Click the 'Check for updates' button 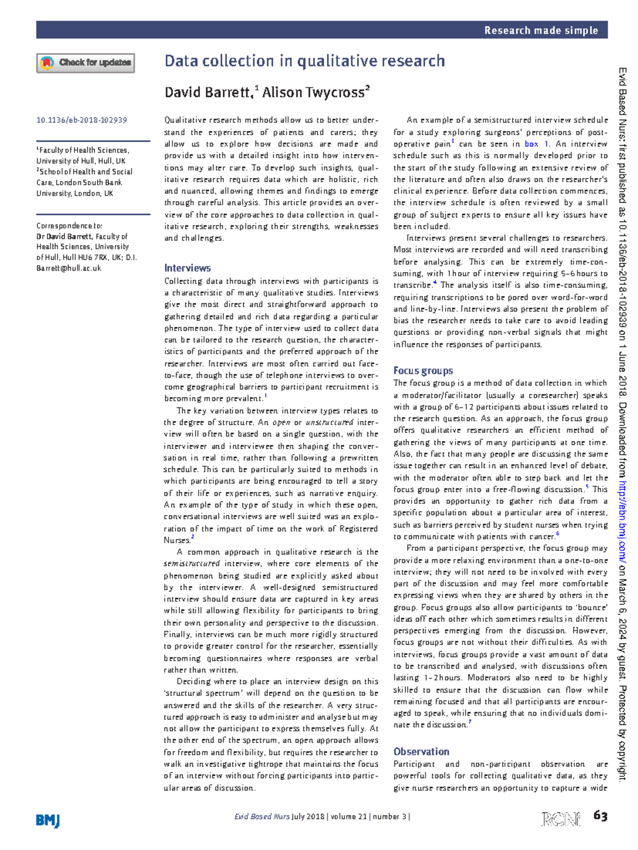[86, 63]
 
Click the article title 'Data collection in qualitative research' [304, 61]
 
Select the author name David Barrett [208, 92]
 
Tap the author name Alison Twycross [313, 92]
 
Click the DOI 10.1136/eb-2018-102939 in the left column [81, 120]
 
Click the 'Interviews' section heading [187, 268]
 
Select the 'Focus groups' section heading [423, 371]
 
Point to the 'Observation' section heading [421, 751]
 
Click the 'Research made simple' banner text [541, 30]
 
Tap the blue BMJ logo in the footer [48, 820]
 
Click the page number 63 [600, 816]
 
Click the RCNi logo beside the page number [560, 819]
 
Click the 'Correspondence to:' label [69, 225]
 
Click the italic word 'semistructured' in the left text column [191, 563]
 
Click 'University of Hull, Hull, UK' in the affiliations [81, 161]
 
